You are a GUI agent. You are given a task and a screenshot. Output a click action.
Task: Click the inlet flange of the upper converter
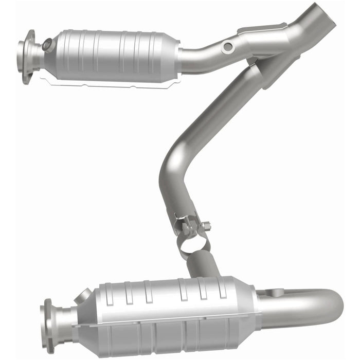(x=27, y=56)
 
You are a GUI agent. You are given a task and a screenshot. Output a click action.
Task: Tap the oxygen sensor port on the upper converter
(x=47, y=45)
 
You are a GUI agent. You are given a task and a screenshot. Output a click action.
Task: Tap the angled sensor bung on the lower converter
(x=83, y=297)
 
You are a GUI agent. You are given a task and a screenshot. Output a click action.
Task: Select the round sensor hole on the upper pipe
(x=227, y=47)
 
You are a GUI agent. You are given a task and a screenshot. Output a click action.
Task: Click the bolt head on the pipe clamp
(x=206, y=225)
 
